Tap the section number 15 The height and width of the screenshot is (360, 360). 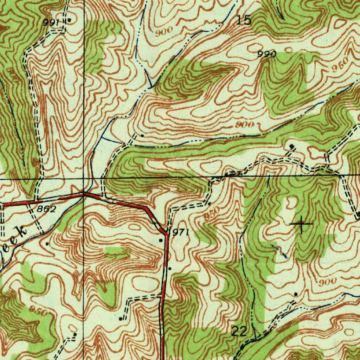[x=244, y=20]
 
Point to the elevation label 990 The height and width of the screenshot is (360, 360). [x=267, y=54]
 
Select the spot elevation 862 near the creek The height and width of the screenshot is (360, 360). [x=46, y=210]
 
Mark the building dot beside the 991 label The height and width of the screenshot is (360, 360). [x=69, y=20]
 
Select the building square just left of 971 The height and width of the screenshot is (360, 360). [x=161, y=240]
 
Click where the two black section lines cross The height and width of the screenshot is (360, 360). [x=84, y=179]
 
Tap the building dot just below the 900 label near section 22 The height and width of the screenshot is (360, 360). [x=296, y=294]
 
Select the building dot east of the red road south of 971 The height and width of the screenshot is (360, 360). [x=169, y=268]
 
